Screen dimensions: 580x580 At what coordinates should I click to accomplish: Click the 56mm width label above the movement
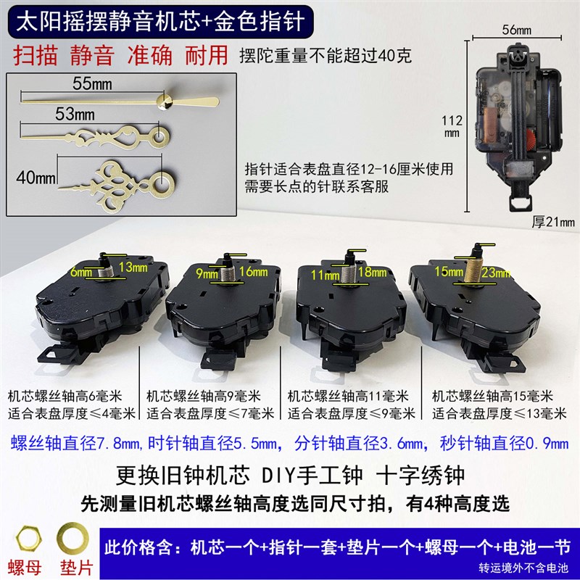click(x=516, y=30)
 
